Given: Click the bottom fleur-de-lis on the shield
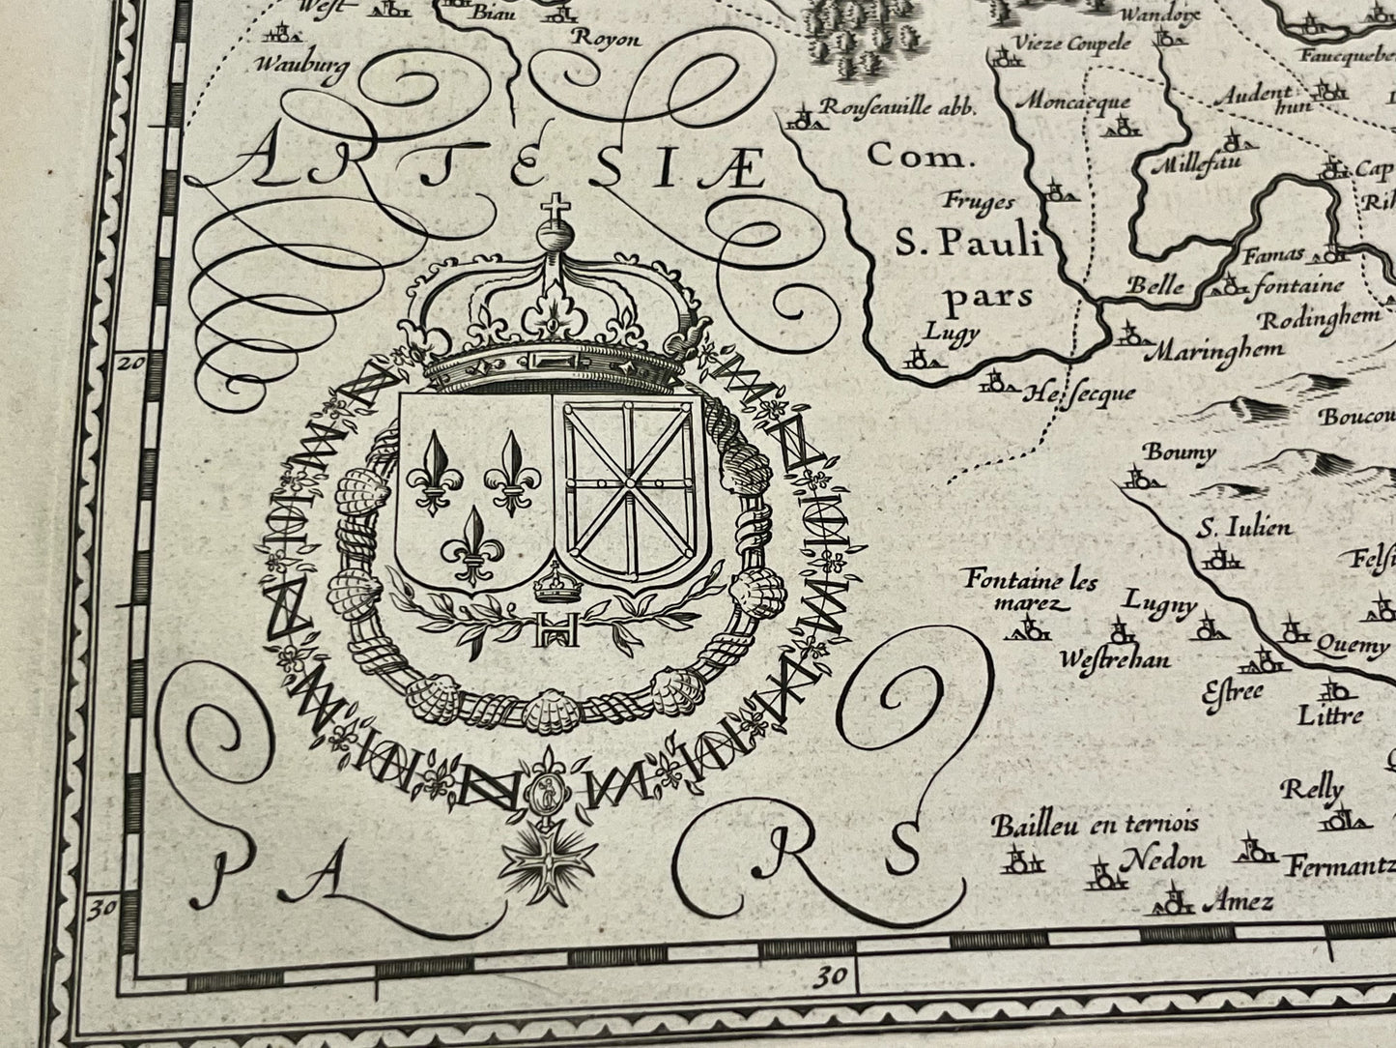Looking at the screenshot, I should click(x=472, y=543).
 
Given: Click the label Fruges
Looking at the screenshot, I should click(x=980, y=201).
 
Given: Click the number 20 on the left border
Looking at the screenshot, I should click(x=129, y=364).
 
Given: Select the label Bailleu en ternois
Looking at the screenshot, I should click(x=1096, y=824).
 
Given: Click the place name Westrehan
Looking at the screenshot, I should click(x=1114, y=659).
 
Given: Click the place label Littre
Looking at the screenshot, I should click(x=1330, y=715).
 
